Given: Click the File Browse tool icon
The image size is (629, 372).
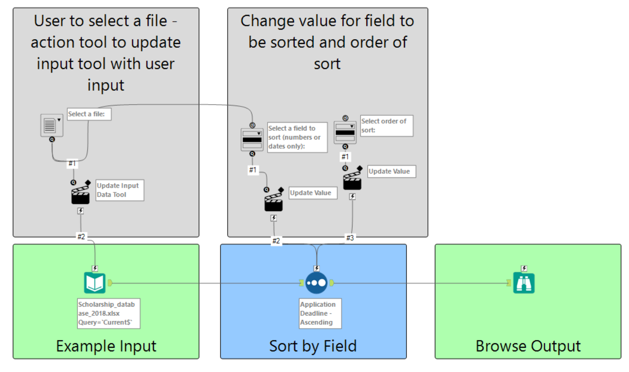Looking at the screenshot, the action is pyautogui.click(x=52, y=126).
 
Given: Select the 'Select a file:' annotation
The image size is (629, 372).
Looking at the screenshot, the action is pyautogui.click(x=89, y=114).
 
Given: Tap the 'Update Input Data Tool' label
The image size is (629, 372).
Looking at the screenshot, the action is pyautogui.click(x=120, y=190).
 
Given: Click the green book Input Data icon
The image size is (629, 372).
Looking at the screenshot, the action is pyautogui.click(x=95, y=283).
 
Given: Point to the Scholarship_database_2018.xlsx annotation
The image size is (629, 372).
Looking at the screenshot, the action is pyautogui.click(x=109, y=313).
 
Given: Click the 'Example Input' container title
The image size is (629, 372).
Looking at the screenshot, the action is pyautogui.click(x=106, y=346).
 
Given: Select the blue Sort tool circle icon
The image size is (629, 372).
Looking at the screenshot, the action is pyautogui.click(x=317, y=283).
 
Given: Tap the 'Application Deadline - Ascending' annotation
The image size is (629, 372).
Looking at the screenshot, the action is pyautogui.click(x=320, y=313).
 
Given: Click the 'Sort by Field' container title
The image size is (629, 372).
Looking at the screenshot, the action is pyautogui.click(x=313, y=346).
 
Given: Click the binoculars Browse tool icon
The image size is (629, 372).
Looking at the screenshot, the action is pyautogui.click(x=524, y=283).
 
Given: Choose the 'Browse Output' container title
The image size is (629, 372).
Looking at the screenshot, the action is pyautogui.click(x=528, y=346).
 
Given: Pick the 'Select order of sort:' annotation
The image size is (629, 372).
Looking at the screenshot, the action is pyautogui.click(x=387, y=126).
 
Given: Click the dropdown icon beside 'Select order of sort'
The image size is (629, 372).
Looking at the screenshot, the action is pyautogui.click(x=345, y=132).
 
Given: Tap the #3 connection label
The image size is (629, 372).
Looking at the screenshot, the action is pyautogui.click(x=350, y=238).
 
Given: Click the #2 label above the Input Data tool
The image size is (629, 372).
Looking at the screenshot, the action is pyautogui.click(x=81, y=236).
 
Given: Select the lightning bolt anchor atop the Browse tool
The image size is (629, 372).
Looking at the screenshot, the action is pyautogui.click(x=524, y=268).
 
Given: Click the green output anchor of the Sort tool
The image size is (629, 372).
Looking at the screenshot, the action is pyautogui.click(x=331, y=283).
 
